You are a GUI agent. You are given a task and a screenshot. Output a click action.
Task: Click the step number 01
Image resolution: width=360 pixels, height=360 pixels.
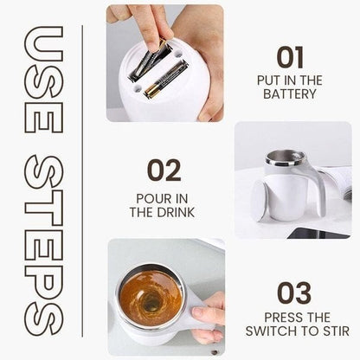coord(290,57)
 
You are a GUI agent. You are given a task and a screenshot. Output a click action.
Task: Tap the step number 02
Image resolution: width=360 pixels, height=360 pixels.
coord(164,170)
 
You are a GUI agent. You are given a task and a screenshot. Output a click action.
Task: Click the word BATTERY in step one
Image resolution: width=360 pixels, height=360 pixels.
coord(290,93)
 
